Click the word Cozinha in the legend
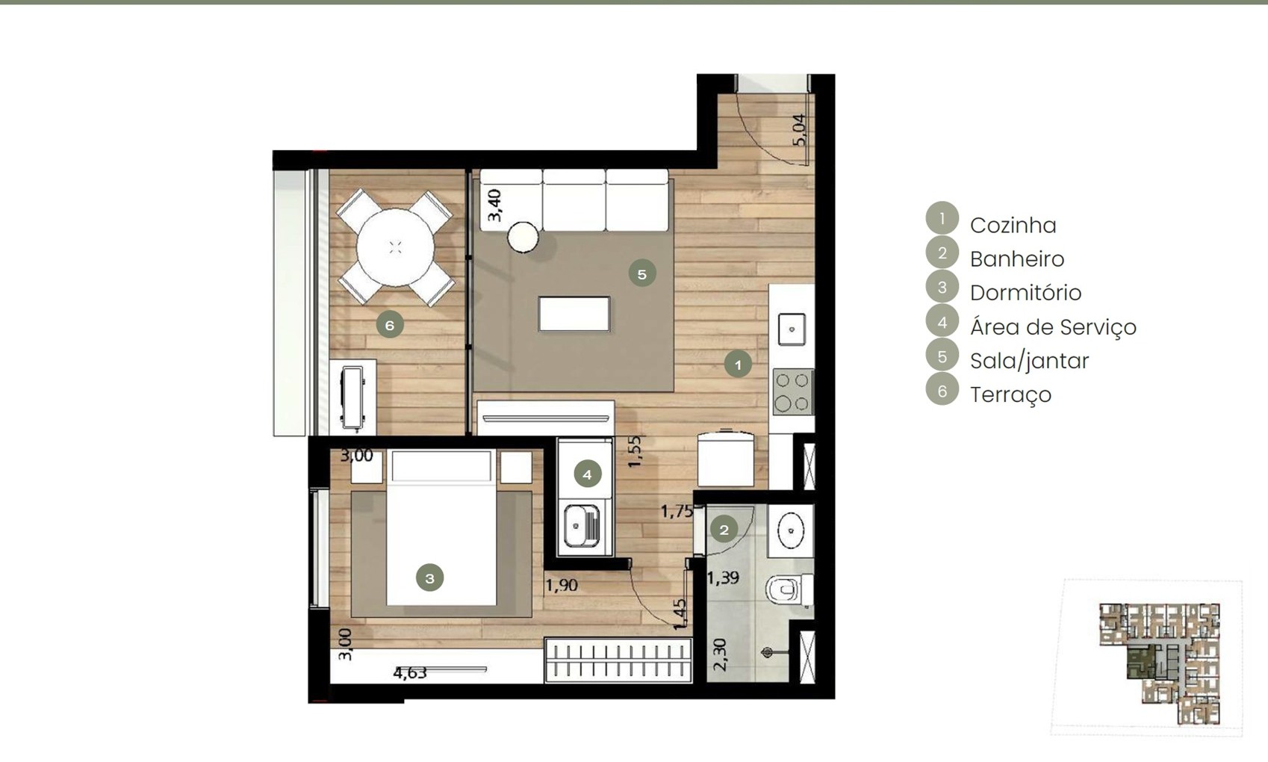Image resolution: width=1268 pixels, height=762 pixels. [1013, 226]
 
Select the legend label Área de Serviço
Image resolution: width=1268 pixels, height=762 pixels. [1053, 326]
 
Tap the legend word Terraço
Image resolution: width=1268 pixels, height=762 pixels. [1010, 394]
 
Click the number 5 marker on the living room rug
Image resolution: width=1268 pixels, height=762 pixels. [642, 273]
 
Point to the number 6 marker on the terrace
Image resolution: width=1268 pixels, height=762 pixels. [390, 324]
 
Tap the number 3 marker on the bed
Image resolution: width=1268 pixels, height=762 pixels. [429, 577]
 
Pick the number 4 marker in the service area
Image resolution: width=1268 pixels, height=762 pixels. [587, 474]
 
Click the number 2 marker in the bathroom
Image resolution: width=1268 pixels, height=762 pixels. [724, 530]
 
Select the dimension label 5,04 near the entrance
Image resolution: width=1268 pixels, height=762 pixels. [799, 130]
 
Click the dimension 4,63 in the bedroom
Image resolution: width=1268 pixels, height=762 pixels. [410, 672]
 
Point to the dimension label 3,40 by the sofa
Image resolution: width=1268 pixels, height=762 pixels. [494, 205]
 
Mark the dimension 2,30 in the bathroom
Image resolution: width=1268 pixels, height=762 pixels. [719, 655]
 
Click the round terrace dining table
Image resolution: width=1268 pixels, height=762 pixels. [395, 247]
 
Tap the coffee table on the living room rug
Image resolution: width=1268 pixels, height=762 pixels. [574, 314]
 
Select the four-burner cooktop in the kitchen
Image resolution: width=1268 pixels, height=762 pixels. [793, 391]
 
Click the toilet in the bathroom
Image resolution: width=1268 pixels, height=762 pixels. [789, 589]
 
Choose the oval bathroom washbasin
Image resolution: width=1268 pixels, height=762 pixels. [791, 530]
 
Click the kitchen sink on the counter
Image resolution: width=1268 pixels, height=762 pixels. [792, 329]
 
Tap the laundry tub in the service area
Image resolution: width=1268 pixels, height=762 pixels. [582, 527]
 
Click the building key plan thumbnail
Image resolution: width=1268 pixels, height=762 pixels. [1159, 663]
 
